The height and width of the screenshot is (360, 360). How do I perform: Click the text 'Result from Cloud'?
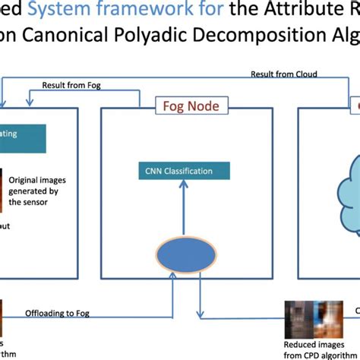[x=283, y=74]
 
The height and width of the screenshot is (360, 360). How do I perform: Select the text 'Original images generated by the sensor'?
[x=39, y=191]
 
